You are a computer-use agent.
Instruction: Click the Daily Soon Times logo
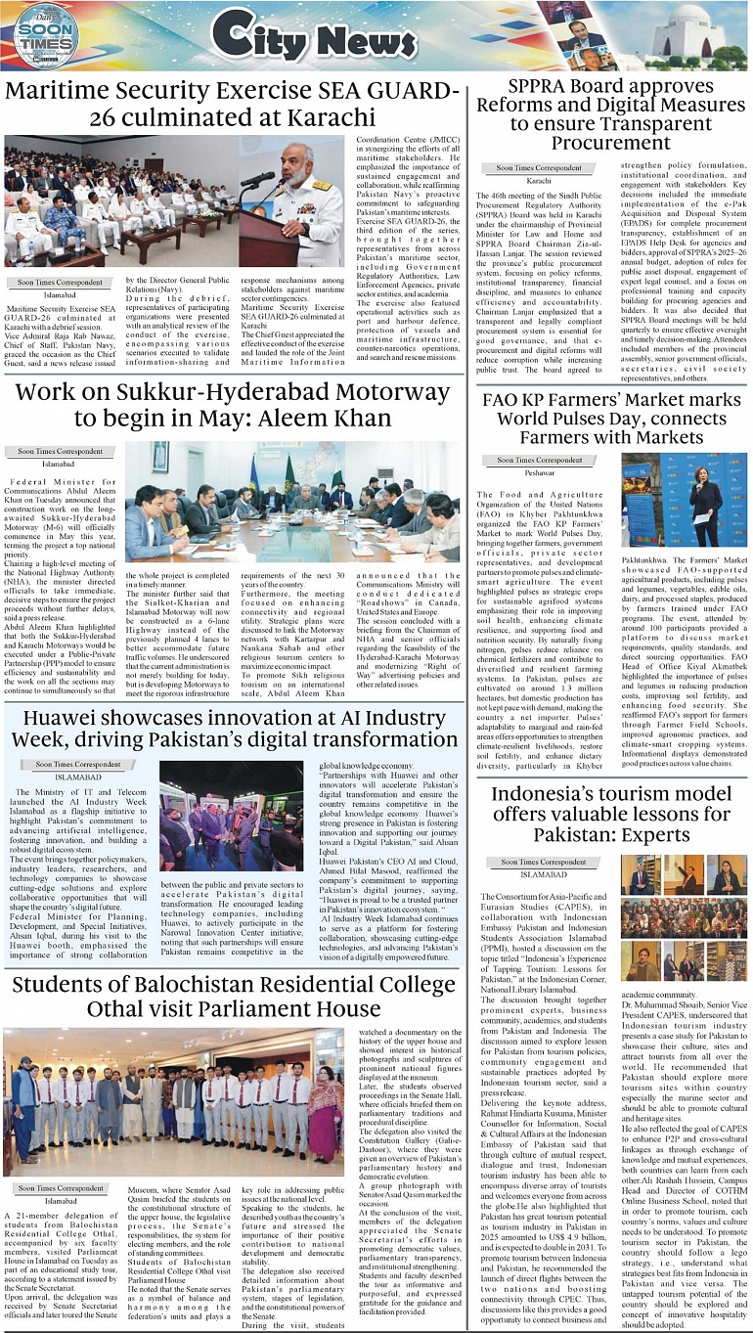point(42,39)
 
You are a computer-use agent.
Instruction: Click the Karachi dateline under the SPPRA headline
point(539,181)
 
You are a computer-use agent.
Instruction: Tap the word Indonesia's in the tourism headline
point(546,793)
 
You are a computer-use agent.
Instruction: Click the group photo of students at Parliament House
point(173,1100)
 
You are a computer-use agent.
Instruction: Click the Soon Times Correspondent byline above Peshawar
point(539,460)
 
